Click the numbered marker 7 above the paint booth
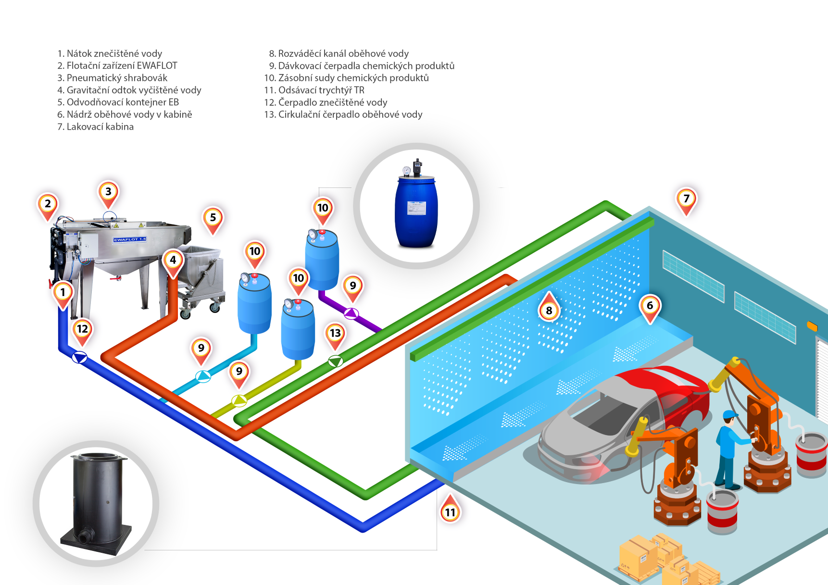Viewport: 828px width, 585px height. pos(686,199)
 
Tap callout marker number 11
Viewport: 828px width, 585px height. pos(450,511)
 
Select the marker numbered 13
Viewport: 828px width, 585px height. pos(335,333)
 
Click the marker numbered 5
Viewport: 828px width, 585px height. pos(213,218)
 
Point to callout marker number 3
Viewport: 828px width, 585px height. pos(108,192)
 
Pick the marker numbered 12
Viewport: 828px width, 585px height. pos(82,329)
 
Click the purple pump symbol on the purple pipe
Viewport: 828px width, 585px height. pos(351,314)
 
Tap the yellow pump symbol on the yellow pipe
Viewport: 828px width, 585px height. pos(239,400)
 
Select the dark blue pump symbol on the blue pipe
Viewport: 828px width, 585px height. pos(79,357)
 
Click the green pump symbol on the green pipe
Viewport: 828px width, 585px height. pos(336,361)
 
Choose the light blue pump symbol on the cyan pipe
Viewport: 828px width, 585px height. pos(203,376)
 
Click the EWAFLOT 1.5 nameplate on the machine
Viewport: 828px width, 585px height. pos(129,239)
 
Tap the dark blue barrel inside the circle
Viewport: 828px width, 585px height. pos(416,212)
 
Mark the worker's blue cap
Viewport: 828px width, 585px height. pos(730,414)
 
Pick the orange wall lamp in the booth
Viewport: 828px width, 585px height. pos(812,326)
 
